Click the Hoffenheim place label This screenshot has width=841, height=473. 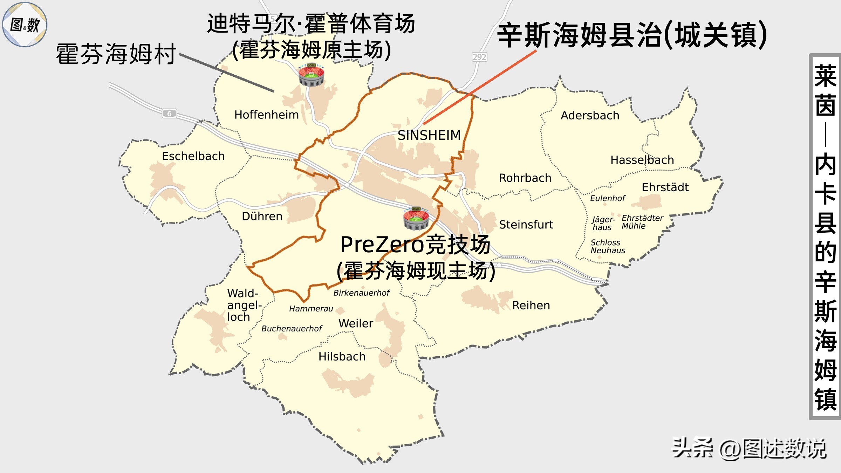266,115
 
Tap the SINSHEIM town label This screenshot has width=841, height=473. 429,135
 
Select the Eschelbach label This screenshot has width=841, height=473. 193,156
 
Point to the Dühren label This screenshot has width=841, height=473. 262,216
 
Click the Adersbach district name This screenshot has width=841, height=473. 590,115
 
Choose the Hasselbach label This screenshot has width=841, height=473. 642,160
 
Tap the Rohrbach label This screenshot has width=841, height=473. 525,178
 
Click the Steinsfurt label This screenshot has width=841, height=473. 526,225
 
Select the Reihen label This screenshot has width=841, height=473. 531,305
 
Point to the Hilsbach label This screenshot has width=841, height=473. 342,356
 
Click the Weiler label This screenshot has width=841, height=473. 356,323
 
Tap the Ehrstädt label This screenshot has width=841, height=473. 665,187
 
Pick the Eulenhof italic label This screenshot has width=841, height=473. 607,198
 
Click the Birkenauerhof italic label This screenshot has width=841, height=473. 361,293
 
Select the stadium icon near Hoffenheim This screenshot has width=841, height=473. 311,75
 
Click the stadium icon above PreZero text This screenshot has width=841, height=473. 416,219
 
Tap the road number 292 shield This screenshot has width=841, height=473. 479,57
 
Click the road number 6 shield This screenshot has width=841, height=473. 169,113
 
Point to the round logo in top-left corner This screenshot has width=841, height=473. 25,25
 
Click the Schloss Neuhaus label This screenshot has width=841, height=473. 607,246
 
